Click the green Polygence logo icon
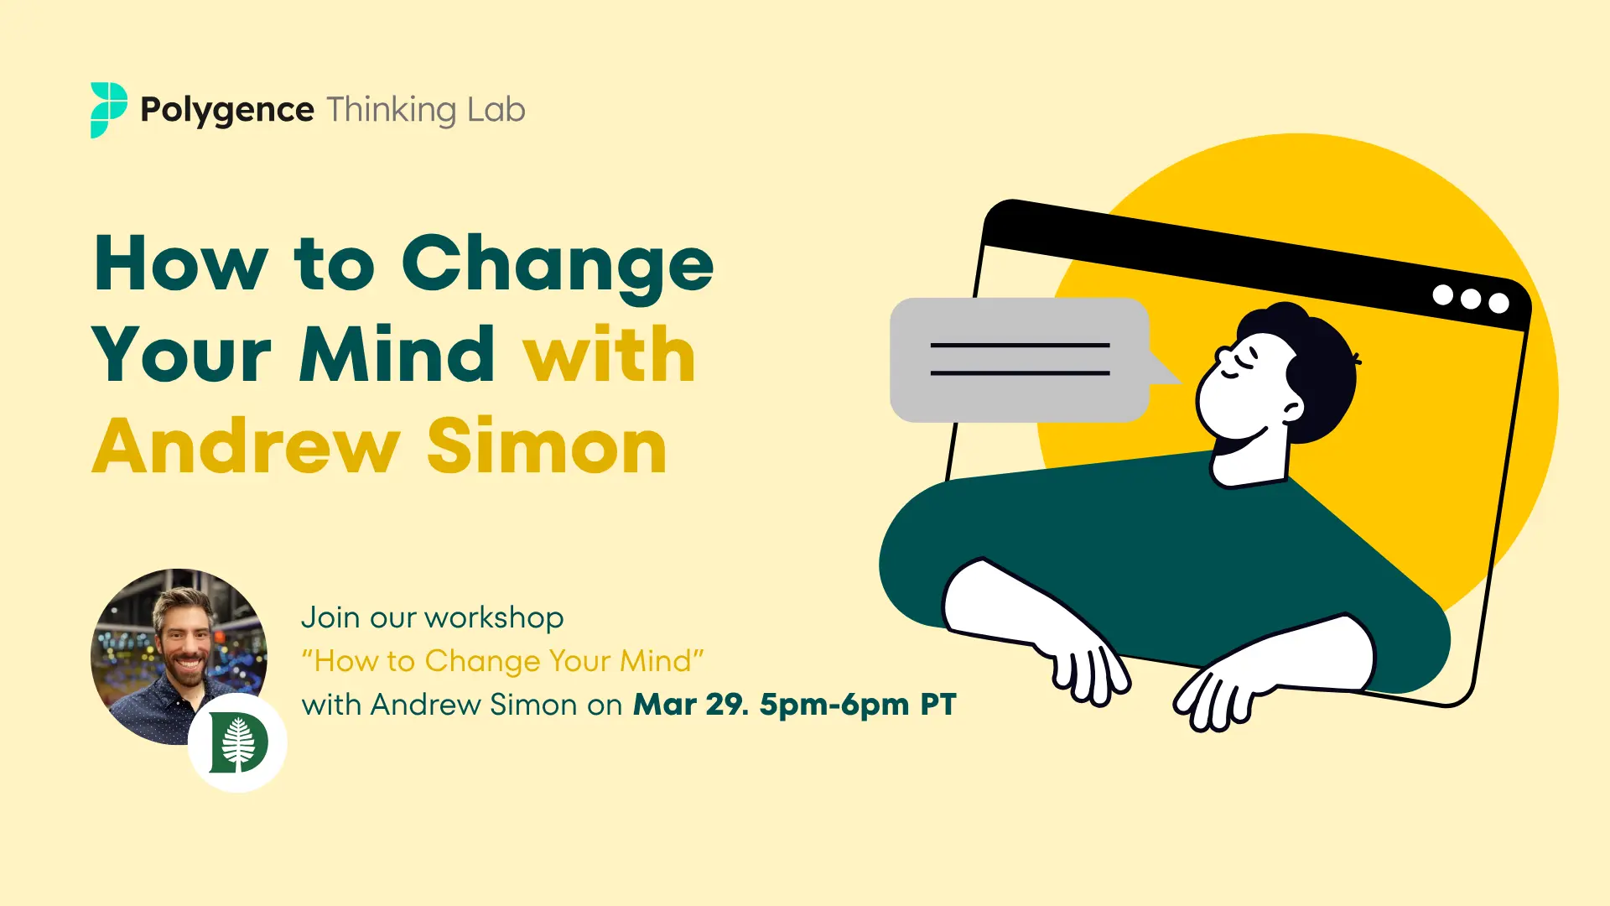coord(109,110)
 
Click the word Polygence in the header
coord(227,111)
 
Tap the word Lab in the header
coord(496,110)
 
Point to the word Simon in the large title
coord(548,445)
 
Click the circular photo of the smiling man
coord(179,657)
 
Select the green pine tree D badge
coord(238,742)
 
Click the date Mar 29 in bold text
coord(688,705)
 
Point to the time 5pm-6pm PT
coord(858,705)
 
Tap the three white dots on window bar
coord(1471,299)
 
